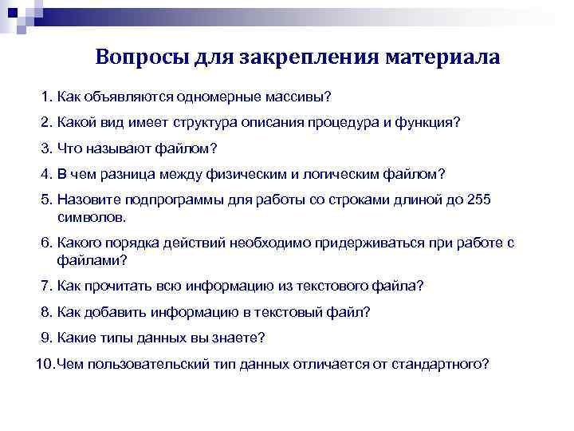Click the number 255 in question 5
479,200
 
